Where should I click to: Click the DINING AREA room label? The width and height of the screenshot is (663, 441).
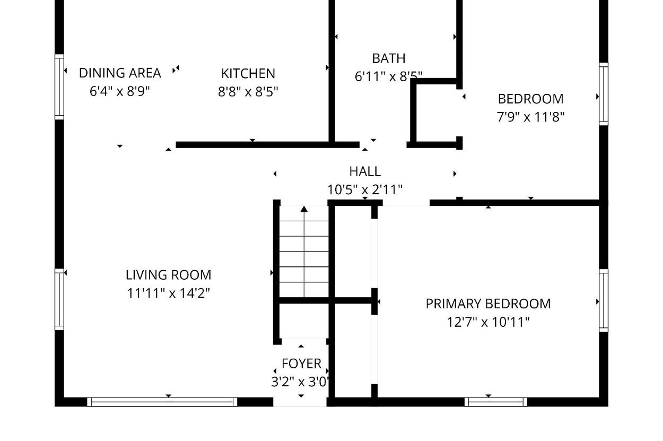(x=120, y=73)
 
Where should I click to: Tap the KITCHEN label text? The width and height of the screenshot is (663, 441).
(x=248, y=74)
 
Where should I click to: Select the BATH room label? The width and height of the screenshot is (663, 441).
(x=388, y=59)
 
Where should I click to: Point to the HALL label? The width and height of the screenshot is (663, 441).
(x=365, y=171)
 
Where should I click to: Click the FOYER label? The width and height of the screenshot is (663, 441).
(x=301, y=364)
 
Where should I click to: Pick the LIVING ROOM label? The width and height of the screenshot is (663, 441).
(x=169, y=275)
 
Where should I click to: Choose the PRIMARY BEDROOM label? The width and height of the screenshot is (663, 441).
(x=488, y=304)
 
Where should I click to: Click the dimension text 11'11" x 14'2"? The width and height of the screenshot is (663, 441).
(x=169, y=293)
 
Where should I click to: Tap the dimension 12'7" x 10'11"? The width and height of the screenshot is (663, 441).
(x=488, y=322)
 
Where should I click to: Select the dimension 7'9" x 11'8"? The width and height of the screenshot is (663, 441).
(x=530, y=117)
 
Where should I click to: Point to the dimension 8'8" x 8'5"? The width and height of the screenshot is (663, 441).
(x=248, y=92)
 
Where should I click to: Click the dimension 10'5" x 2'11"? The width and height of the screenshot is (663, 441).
(x=365, y=189)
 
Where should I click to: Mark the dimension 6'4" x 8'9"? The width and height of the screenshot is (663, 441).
(x=120, y=91)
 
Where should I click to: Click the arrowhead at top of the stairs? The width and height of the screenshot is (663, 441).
(x=304, y=209)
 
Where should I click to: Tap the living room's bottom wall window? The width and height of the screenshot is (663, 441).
(x=162, y=402)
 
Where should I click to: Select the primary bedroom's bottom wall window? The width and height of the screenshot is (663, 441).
(x=496, y=402)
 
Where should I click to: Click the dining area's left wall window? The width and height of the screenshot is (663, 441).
(x=59, y=87)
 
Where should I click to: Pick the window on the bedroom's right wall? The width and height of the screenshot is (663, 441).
(x=604, y=94)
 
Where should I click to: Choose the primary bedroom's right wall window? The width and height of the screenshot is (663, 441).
(x=604, y=300)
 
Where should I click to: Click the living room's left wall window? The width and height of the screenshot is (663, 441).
(x=59, y=299)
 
